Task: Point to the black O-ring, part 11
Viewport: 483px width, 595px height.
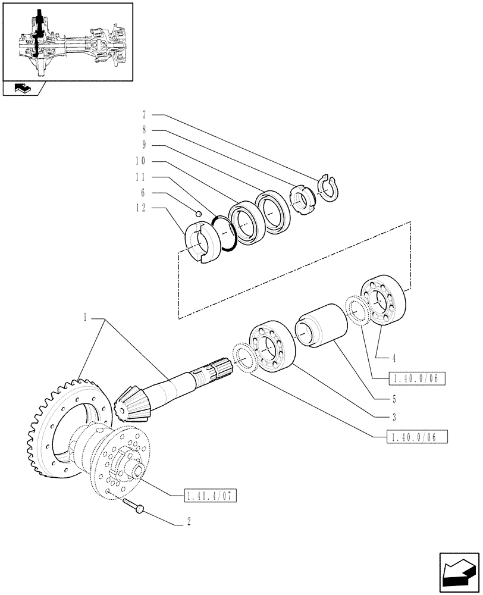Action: coord(225,234)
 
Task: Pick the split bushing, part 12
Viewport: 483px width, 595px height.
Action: coord(200,242)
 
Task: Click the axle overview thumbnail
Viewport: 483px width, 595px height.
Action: coord(68,41)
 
